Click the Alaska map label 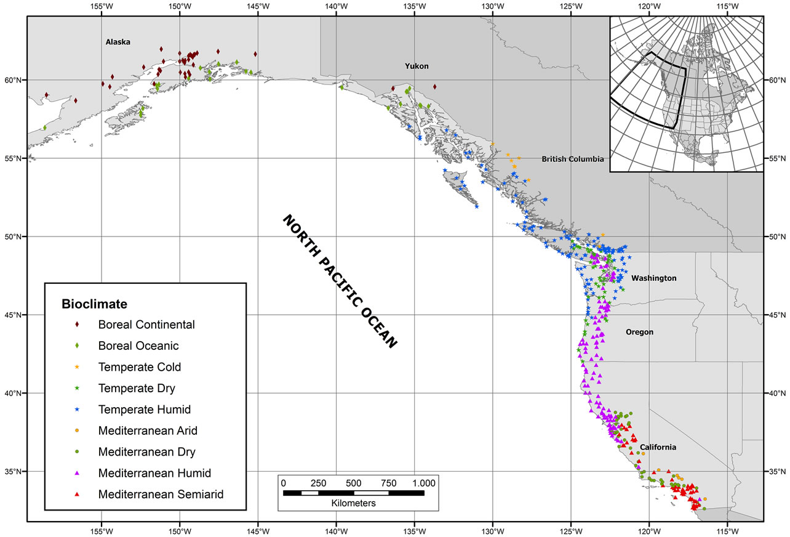point(118,42)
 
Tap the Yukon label point(417,66)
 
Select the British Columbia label point(572,159)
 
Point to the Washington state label point(653,278)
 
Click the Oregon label point(639,332)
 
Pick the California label point(658,447)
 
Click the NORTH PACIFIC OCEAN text point(340,282)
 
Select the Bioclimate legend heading point(94,304)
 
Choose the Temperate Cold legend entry point(139,367)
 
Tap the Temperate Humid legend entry point(144,410)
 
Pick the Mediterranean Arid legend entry point(148,430)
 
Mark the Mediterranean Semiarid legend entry point(161,494)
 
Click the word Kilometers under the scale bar point(353,503)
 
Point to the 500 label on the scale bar point(353,482)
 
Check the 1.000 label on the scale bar point(423,482)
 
